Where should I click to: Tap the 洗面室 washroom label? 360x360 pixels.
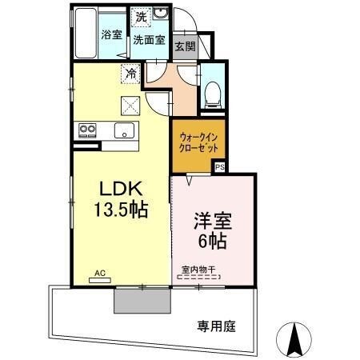[148, 39]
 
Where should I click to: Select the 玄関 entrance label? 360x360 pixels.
[185, 46]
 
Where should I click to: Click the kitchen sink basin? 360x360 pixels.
[124, 131]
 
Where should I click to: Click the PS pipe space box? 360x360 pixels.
[219, 167]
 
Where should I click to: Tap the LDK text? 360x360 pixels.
[120, 189]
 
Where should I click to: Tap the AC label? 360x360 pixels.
[100, 273]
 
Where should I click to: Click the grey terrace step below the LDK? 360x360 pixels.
[142, 302]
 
